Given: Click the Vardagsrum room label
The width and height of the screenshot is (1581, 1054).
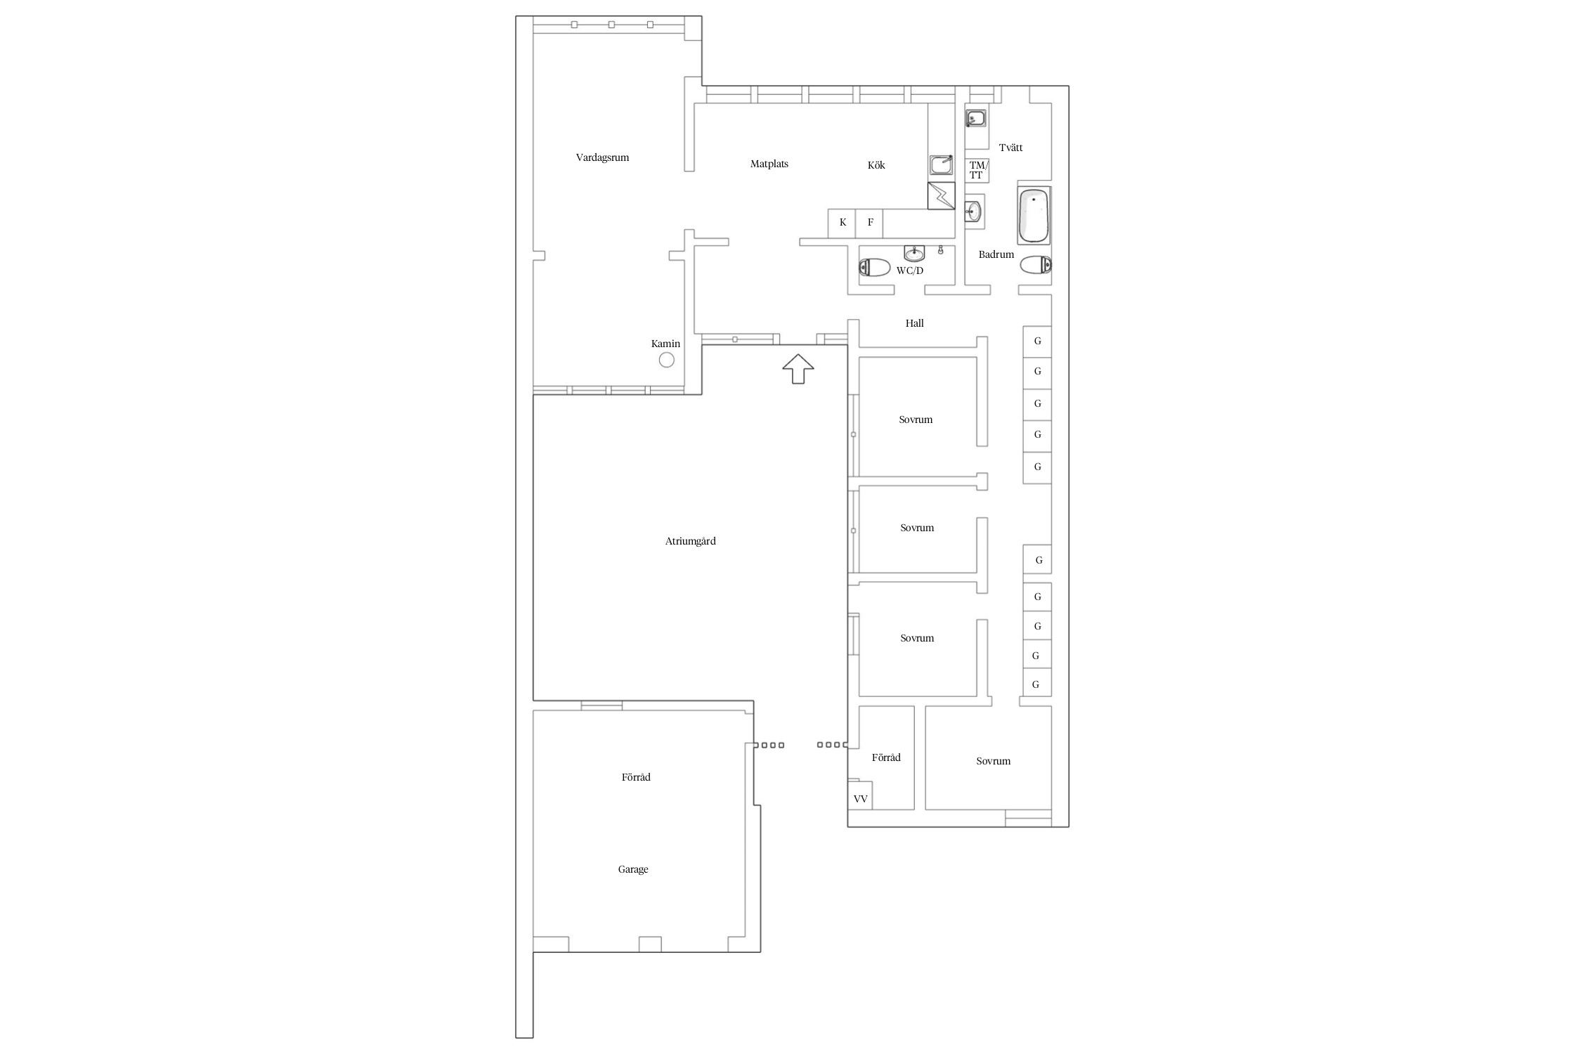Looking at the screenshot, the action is pyautogui.click(x=602, y=158).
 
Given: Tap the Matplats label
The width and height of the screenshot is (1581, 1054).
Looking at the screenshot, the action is pyautogui.click(x=769, y=164).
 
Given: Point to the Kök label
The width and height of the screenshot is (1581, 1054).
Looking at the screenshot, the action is pyautogui.click(x=876, y=165).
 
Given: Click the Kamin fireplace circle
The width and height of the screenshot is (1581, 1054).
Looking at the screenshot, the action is pyautogui.click(x=667, y=360).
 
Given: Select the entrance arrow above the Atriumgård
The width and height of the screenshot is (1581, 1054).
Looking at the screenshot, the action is pyautogui.click(x=798, y=369).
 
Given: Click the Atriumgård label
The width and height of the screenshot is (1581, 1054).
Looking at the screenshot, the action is pyautogui.click(x=690, y=542).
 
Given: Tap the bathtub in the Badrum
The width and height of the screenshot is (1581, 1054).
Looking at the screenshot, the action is pyautogui.click(x=1034, y=215).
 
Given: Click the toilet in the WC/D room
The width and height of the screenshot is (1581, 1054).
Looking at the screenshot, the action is pyautogui.click(x=874, y=267).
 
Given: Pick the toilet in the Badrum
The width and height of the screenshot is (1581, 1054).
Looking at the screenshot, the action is pyautogui.click(x=1036, y=265).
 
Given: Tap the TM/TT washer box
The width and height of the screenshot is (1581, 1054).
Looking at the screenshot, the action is pyautogui.click(x=977, y=171).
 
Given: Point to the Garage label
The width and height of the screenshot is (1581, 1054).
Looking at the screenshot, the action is pyautogui.click(x=633, y=870).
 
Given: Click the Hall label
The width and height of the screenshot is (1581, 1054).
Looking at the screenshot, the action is pyautogui.click(x=914, y=323).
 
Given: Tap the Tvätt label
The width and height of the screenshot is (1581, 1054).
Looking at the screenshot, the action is pyautogui.click(x=1010, y=148).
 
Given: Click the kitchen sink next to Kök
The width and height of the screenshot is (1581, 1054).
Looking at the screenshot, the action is pyautogui.click(x=941, y=165).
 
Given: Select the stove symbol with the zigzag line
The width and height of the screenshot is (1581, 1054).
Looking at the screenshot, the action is pyautogui.click(x=942, y=196).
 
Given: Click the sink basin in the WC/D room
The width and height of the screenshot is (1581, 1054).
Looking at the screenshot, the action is pyautogui.click(x=914, y=253).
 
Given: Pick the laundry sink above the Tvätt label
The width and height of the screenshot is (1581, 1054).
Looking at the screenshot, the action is pyautogui.click(x=975, y=118).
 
